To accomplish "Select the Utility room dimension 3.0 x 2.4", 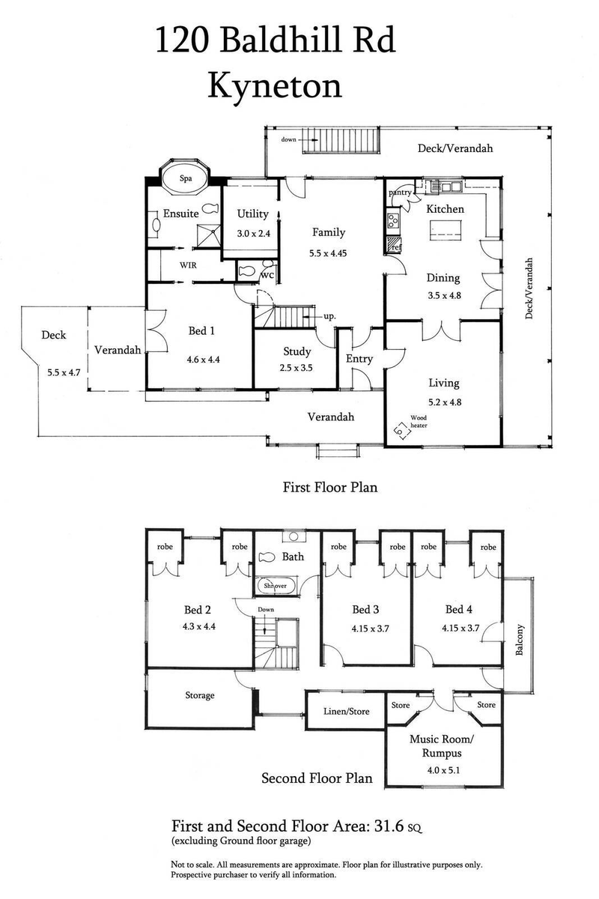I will [x=252, y=233].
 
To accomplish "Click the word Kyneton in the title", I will [x=275, y=85].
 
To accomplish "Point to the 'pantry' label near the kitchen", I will [x=400, y=193].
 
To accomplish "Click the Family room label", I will [x=329, y=232].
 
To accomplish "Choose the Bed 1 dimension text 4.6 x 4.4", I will [x=203, y=359].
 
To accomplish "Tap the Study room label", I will [x=297, y=351].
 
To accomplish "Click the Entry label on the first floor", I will [x=359, y=359].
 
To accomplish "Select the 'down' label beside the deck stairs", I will [x=289, y=139].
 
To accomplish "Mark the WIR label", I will [x=188, y=265].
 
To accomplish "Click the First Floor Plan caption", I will [x=329, y=487].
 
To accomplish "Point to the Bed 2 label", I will [x=198, y=608].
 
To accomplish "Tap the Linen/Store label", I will [x=347, y=711].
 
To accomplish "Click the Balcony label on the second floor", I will [x=519, y=641].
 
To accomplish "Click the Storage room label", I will [x=200, y=695].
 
